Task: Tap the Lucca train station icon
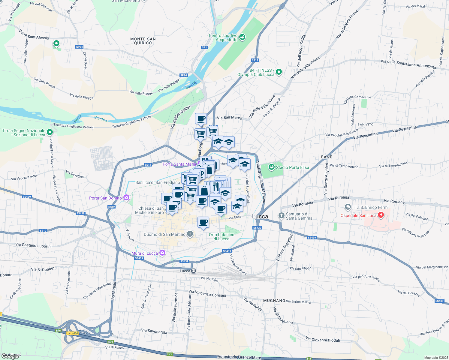coord(194,271)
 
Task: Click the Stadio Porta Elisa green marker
coord(271,167)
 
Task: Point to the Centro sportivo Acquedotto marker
coord(243,37)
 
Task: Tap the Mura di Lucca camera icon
coord(162,253)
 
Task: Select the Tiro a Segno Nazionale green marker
coord(50,132)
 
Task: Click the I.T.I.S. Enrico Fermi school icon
coord(348,207)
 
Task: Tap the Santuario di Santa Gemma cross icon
coord(281,215)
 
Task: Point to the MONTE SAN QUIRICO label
coord(143,41)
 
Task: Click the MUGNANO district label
coord(274,301)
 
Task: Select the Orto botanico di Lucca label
coord(221,237)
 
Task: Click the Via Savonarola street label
coord(154,331)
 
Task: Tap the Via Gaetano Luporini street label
coord(33,245)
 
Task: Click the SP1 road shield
coord(204,47)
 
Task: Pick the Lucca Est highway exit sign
coord(72,333)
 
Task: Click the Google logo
coord(10,356)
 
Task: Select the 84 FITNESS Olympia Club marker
coord(279,72)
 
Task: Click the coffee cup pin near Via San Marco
coord(201,119)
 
